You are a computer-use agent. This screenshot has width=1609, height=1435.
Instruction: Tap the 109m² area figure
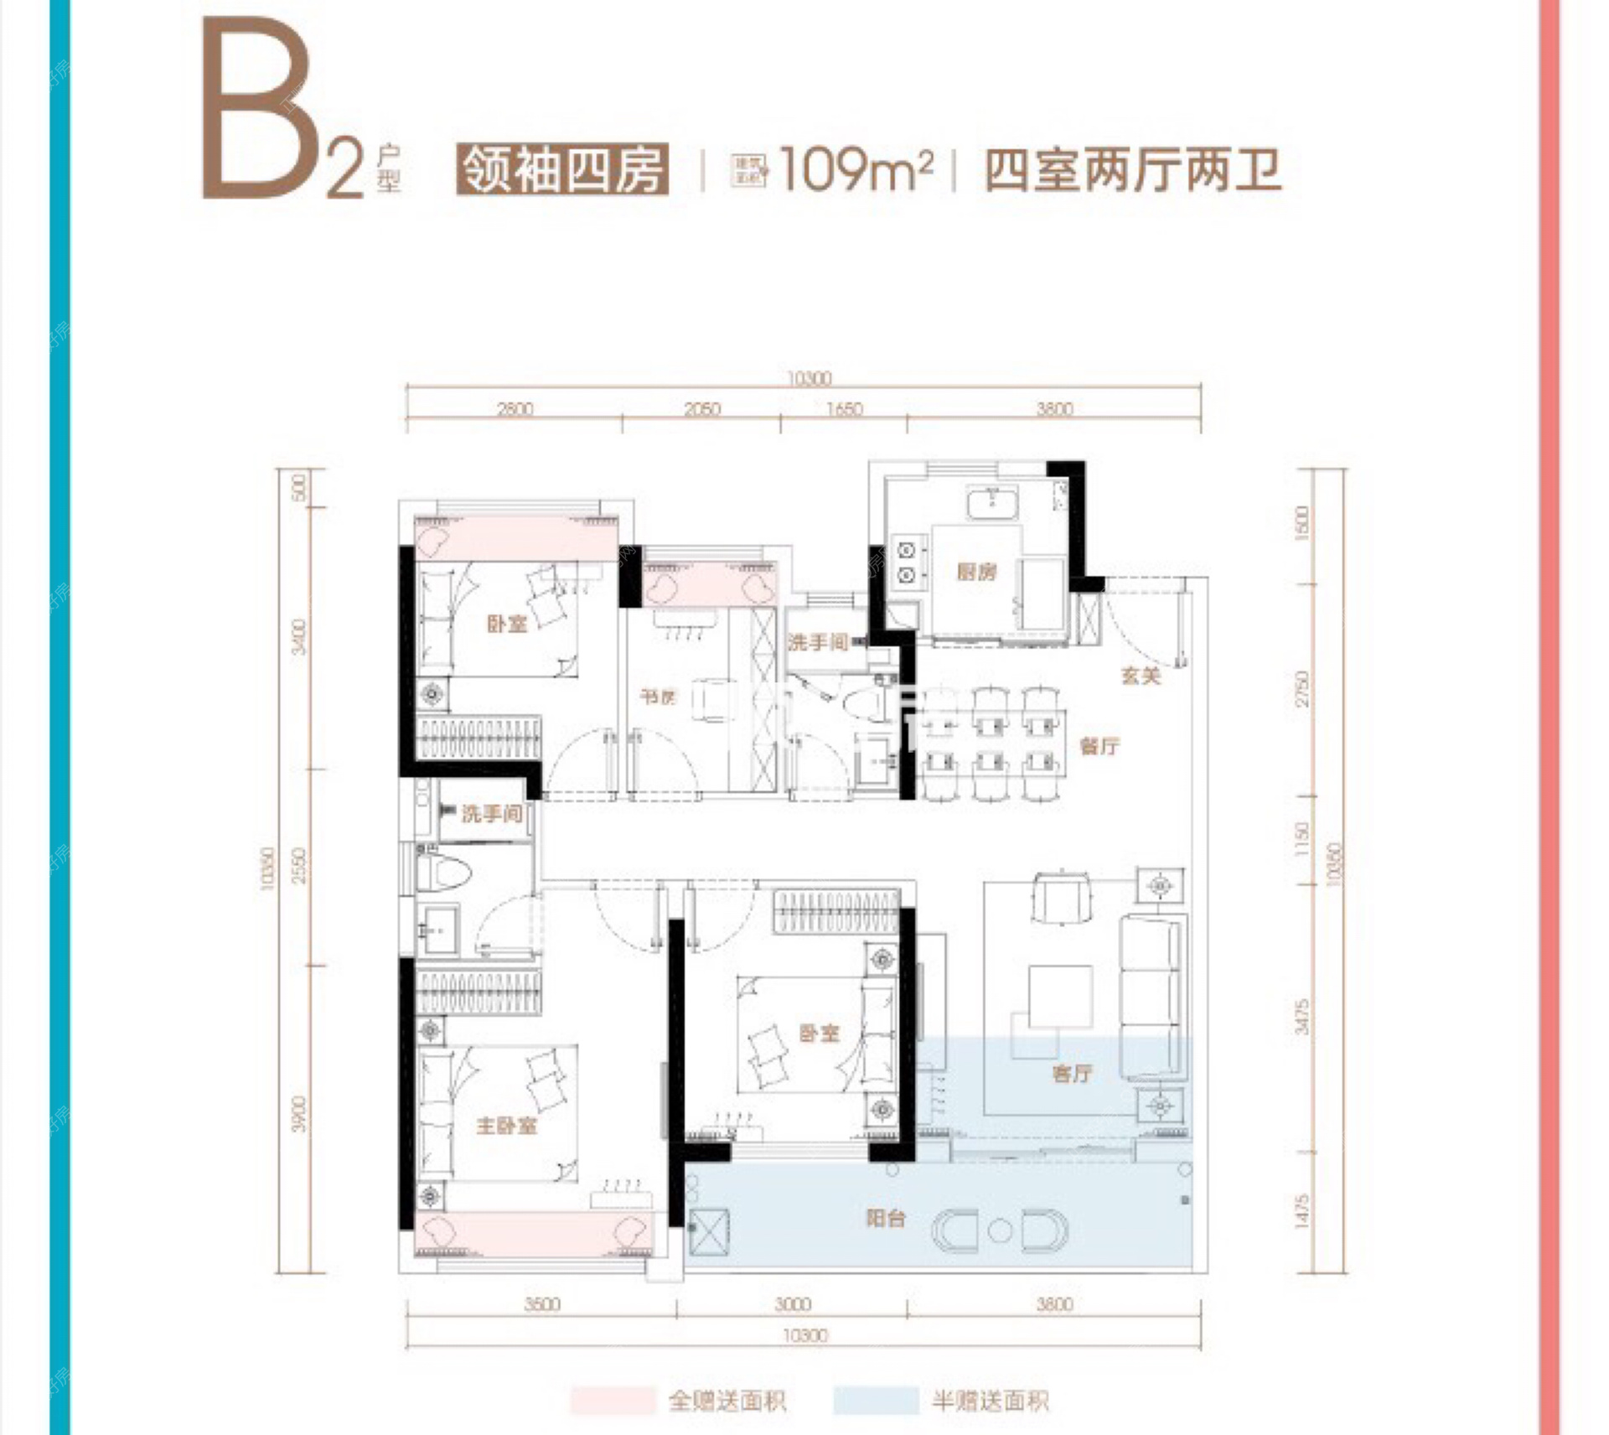[x=855, y=170]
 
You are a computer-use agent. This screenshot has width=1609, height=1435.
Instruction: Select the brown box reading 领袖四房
[x=562, y=170]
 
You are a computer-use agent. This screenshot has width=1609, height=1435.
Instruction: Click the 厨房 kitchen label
[x=976, y=572]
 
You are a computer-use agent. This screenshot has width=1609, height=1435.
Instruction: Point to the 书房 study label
[x=658, y=697]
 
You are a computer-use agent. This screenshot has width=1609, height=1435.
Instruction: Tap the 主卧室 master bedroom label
[x=506, y=1125]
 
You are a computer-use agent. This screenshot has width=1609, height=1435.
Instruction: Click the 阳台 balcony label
[x=886, y=1218]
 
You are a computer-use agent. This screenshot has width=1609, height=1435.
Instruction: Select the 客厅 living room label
[x=1072, y=1073]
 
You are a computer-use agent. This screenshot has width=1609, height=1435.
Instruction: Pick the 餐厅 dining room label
[x=1099, y=745]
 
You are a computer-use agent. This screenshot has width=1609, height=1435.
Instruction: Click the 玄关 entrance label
[x=1141, y=676]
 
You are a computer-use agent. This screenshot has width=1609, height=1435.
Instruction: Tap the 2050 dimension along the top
[x=702, y=409]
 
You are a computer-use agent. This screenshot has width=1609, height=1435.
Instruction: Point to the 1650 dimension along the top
[x=844, y=409]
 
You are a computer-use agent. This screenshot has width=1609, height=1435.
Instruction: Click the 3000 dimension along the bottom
[x=793, y=1304]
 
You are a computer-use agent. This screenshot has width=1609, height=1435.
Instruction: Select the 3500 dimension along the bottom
[x=542, y=1304]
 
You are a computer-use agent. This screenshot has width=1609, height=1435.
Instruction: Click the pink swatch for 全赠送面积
[x=613, y=1401]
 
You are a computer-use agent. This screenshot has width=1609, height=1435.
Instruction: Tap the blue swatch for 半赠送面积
[x=876, y=1401]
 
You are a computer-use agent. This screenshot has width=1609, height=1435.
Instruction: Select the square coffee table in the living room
[x=1061, y=997]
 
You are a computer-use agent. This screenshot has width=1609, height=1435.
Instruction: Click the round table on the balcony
[x=999, y=1230]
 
